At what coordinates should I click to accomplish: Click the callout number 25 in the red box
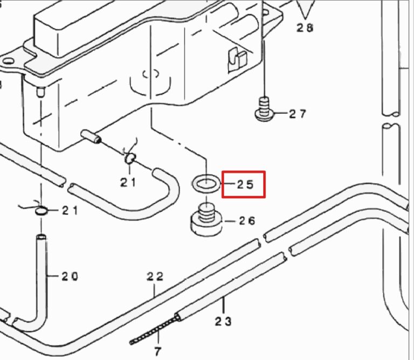pyautogui.click(x=245, y=184)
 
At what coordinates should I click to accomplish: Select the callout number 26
pyautogui.click(x=247, y=220)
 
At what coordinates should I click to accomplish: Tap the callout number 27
pyautogui.click(x=298, y=114)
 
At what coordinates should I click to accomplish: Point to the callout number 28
pyautogui.click(x=305, y=27)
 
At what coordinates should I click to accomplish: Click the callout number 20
pyautogui.click(x=70, y=276)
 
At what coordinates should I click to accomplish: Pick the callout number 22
pyautogui.click(x=155, y=276)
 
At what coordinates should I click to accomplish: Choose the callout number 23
pyautogui.click(x=223, y=321)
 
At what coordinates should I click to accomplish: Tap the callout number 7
pyautogui.click(x=157, y=351)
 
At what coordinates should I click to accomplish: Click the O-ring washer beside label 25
pyautogui.click(x=206, y=183)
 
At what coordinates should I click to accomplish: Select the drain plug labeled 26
pyautogui.click(x=206, y=219)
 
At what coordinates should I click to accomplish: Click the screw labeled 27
pyautogui.click(x=265, y=109)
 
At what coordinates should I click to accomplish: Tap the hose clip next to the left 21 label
pyautogui.click(x=41, y=211)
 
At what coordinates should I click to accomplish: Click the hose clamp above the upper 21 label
pyautogui.click(x=130, y=158)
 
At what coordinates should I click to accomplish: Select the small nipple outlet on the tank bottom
pyautogui.click(x=91, y=136)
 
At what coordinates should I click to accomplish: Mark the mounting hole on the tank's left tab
pyautogui.click(x=8, y=61)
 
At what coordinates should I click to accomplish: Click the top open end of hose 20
pyautogui.click(x=41, y=237)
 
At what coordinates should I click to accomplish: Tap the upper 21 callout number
pyautogui.click(x=129, y=182)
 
